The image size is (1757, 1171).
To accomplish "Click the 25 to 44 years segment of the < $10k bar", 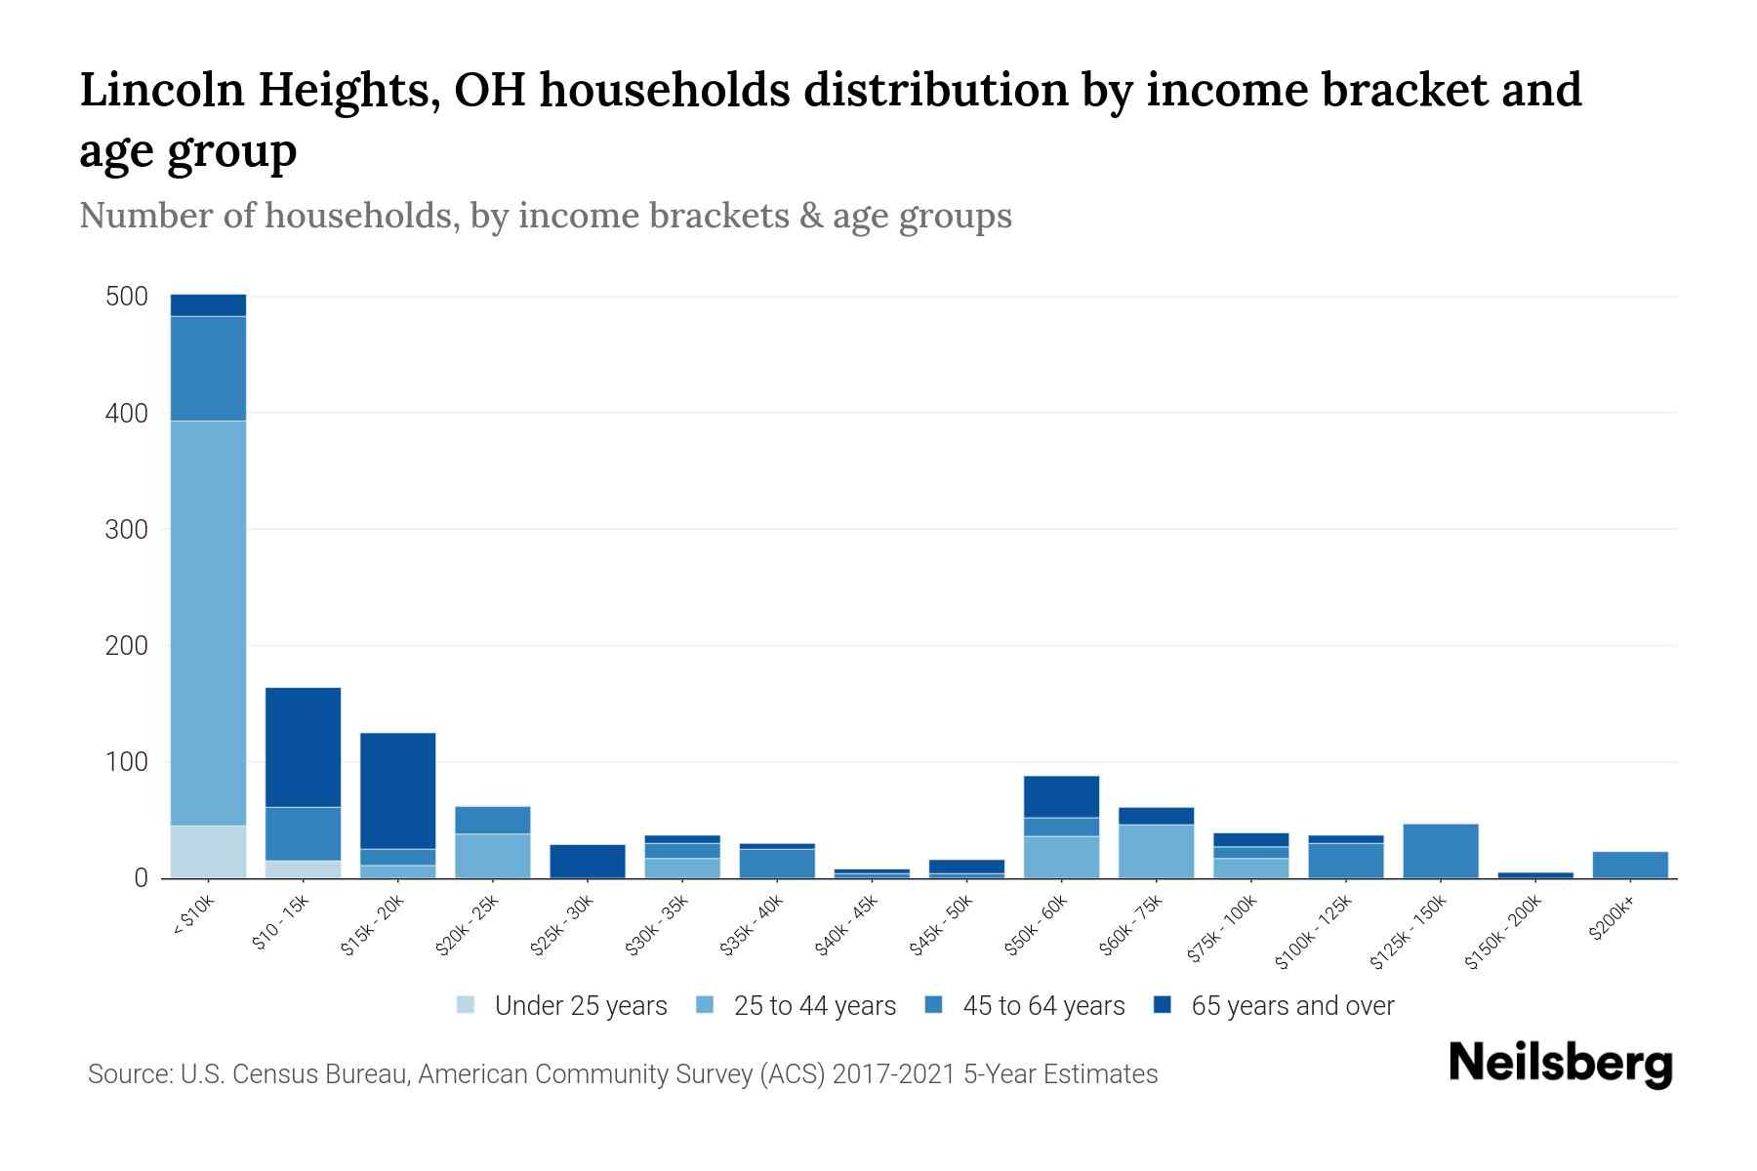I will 208,623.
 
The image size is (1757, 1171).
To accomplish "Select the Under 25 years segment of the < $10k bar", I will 208,852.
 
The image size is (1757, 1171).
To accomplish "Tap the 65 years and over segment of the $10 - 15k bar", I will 303,747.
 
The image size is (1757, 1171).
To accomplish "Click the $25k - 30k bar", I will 588,861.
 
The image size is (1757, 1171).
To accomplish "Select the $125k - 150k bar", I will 1440,851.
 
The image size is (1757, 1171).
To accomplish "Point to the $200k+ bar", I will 1629,865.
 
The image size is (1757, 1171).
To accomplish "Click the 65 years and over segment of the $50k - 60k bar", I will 1061,796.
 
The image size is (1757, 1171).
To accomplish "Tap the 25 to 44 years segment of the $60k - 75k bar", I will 1156,851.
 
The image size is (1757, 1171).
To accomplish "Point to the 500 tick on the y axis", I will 127,297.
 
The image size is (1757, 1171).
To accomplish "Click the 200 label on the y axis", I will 127,646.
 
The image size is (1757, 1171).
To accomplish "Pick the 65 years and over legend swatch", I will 1163,1005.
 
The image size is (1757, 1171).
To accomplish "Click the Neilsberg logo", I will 1560,1064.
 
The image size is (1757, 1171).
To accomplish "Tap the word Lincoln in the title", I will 155,91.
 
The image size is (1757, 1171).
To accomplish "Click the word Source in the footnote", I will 128,1074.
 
